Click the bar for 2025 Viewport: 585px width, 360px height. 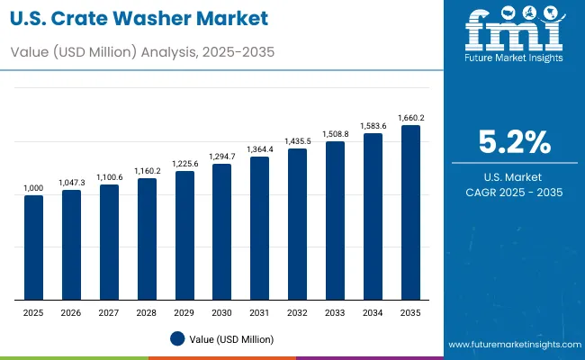(33, 247)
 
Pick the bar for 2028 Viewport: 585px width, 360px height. (147, 239)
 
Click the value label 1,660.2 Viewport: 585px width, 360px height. (410, 117)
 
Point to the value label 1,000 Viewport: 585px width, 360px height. (33, 187)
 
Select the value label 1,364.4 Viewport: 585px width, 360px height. (259, 149)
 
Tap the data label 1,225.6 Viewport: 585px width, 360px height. (184, 164)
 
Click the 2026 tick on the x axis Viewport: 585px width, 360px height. (71, 311)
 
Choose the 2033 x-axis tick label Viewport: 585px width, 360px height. (335, 311)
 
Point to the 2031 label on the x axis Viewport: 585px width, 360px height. (259, 311)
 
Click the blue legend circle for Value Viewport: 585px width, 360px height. (177, 338)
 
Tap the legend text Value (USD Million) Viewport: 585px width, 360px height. (231, 338)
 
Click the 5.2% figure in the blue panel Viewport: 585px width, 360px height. (514, 143)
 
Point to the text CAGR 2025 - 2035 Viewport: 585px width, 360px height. (514, 193)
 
